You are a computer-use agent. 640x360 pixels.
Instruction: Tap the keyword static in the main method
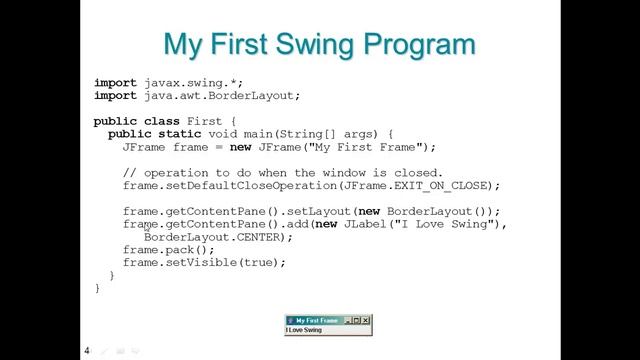pyautogui.click(x=174, y=134)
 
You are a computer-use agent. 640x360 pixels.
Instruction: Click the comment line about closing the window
pyautogui.click(x=282, y=173)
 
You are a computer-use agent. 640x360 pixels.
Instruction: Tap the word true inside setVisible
pyautogui.click(x=264, y=263)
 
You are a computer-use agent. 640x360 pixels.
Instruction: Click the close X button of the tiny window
pyautogui.click(x=366, y=320)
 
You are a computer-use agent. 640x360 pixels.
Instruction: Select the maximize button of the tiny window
pyautogui.click(x=357, y=320)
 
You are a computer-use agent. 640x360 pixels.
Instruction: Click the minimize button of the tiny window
pyautogui.click(x=348, y=320)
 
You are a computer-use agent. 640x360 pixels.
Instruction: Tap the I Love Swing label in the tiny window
pyautogui.click(x=304, y=330)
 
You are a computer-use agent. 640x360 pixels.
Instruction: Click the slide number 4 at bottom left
pyautogui.click(x=87, y=351)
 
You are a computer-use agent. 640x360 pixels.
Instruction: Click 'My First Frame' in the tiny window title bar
pyautogui.click(x=316, y=320)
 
